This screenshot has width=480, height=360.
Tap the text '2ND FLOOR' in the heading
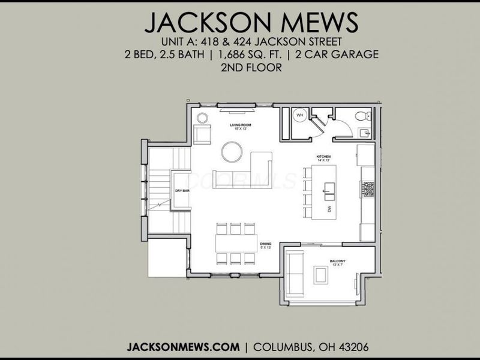(x=251, y=68)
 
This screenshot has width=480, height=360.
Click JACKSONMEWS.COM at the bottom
(x=179, y=347)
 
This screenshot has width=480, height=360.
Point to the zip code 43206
(x=349, y=347)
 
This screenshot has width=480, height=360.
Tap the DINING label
(x=265, y=243)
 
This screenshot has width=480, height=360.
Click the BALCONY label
(x=337, y=261)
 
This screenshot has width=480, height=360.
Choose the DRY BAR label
(x=182, y=191)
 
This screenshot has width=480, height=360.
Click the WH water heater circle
(x=299, y=116)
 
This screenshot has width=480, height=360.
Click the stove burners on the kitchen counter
(x=368, y=190)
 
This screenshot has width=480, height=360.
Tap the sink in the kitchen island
(x=329, y=193)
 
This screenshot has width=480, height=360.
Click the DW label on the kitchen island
(x=329, y=209)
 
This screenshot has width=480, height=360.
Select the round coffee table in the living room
(x=232, y=151)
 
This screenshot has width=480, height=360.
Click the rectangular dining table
(x=236, y=243)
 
